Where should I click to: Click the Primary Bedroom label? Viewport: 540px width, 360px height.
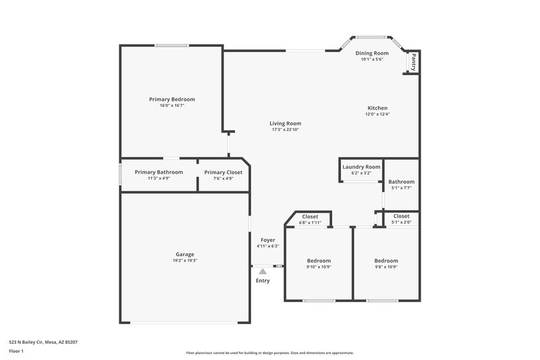171,99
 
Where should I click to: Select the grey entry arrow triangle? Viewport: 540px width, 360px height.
263,272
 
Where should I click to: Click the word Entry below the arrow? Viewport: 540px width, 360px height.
263,281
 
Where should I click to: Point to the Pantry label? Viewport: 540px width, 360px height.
412,62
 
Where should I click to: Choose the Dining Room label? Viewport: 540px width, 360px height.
372,53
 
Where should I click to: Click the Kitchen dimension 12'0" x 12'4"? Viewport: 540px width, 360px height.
377,114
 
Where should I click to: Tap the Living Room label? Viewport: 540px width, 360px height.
285,124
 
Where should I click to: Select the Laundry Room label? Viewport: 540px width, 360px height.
361,167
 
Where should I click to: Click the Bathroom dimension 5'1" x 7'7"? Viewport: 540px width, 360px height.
401,188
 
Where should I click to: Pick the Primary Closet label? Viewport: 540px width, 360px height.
223,172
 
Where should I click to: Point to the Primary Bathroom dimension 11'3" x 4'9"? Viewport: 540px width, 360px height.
159,178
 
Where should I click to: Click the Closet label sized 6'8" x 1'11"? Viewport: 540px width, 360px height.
310,217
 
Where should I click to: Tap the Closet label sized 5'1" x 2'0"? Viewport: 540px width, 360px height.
401,216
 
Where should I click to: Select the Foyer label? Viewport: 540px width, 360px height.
268,240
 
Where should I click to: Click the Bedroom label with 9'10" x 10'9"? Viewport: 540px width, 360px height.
319,261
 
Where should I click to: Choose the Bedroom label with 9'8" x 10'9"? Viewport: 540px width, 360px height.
386,261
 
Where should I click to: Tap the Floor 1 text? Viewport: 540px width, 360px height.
16,351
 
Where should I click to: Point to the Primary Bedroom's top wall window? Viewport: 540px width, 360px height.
171,45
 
